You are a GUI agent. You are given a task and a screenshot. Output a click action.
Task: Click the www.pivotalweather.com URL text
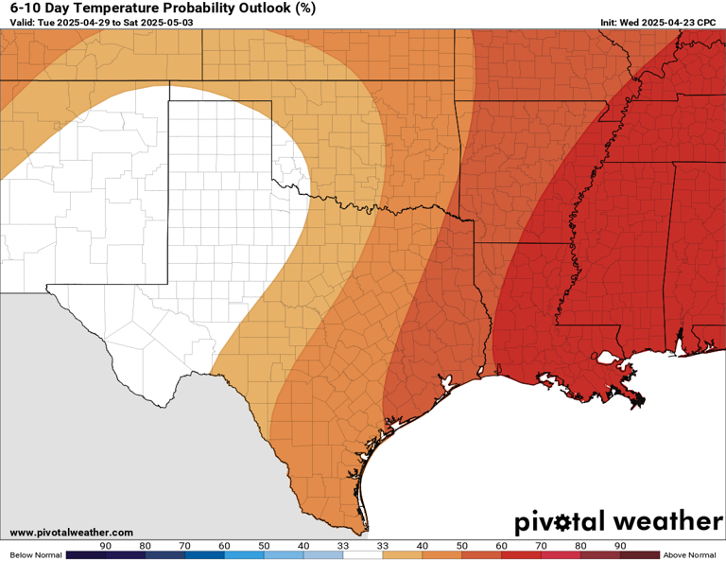click(72, 533)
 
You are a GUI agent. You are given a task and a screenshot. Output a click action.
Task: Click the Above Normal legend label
click(689, 555)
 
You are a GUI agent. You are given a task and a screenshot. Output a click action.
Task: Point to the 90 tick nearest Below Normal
click(106, 546)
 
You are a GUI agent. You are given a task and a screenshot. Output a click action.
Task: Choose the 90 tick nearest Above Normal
click(620, 546)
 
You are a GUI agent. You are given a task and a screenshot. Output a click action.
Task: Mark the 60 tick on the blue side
click(224, 546)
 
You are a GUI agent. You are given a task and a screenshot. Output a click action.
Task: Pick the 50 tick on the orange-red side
click(462, 546)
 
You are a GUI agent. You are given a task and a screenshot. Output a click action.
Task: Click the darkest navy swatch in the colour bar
click(86, 555)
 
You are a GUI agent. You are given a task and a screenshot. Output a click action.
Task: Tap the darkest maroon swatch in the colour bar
click(640, 555)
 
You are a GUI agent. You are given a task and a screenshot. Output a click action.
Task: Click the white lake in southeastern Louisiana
click(608, 359)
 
